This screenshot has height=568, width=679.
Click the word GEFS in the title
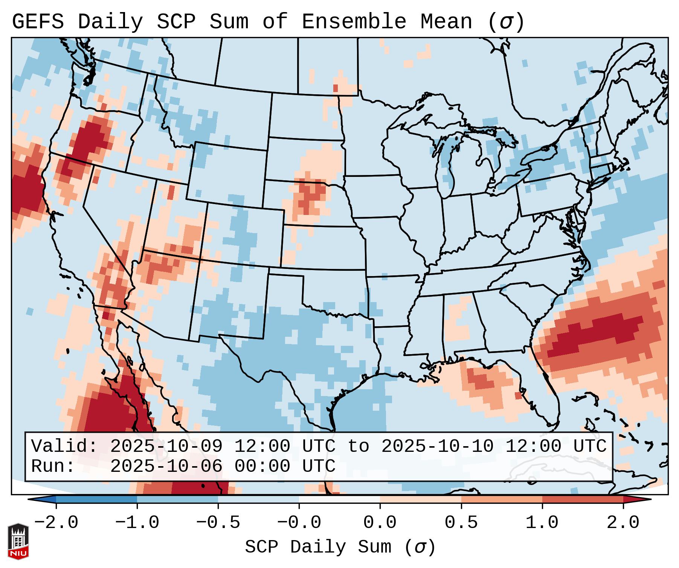[x=38, y=22]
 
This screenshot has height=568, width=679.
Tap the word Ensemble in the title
[x=354, y=22]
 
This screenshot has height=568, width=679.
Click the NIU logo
[x=18, y=541]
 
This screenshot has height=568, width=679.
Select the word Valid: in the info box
[x=64, y=447]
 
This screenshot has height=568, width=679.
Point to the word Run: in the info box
[x=53, y=467]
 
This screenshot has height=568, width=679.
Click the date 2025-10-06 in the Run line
[x=166, y=467]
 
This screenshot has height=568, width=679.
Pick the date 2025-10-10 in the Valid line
[x=437, y=447]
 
